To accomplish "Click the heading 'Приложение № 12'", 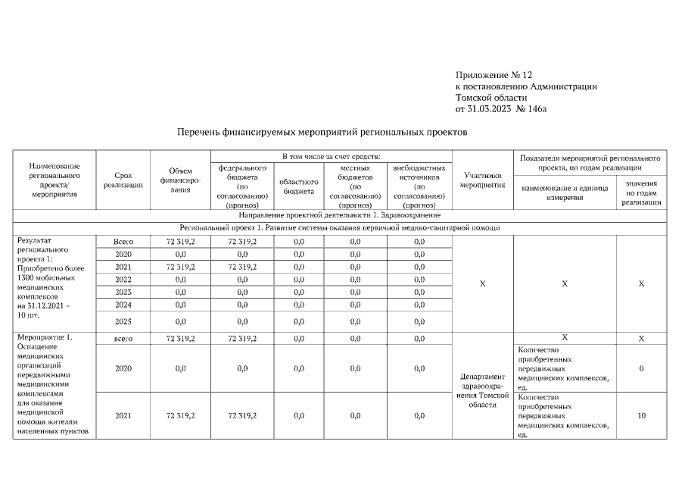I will pyautogui.click(x=494, y=75).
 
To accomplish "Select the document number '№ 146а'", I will pyautogui.click(x=531, y=109).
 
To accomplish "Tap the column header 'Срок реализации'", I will pyautogui.click(x=123, y=180).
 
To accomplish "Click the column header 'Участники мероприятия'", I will pyautogui.click(x=483, y=180).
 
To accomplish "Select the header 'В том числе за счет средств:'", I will pyautogui.click(x=331, y=155).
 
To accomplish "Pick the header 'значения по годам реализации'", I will pyautogui.click(x=641, y=192).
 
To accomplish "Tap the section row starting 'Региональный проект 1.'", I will pyautogui.click(x=338, y=227).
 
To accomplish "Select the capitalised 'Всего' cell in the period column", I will pyautogui.click(x=123, y=241).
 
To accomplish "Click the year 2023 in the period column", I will pyautogui.click(x=123, y=292).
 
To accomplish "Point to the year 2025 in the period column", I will pyautogui.click(x=123, y=321).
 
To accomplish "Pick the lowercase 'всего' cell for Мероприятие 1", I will pyautogui.click(x=123, y=339).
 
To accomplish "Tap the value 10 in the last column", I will pyautogui.click(x=641, y=415).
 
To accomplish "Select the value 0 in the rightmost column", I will pyautogui.click(x=641, y=368).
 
